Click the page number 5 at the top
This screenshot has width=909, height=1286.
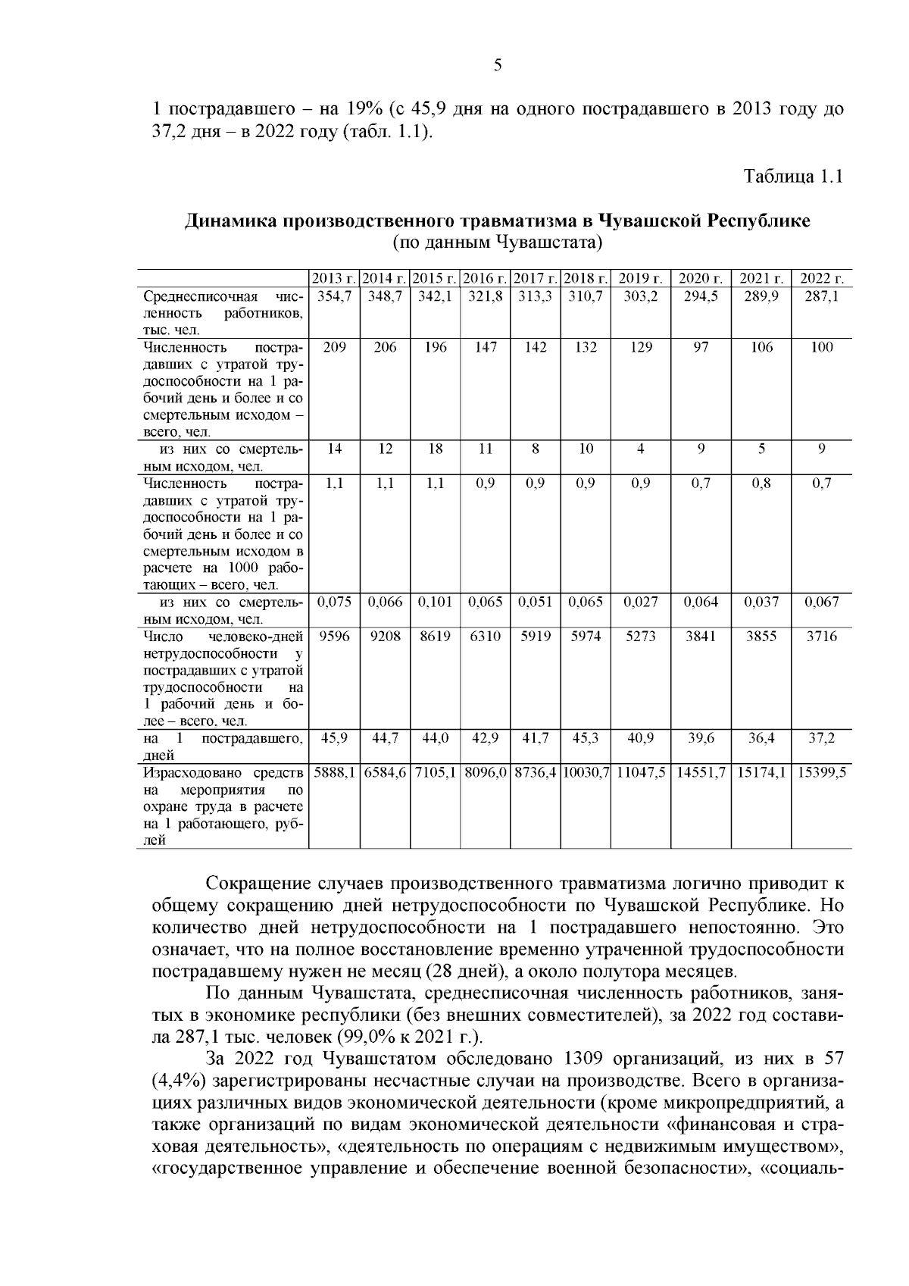pyautogui.click(x=498, y=65)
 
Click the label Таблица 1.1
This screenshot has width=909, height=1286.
pyautogui.click(x=793, y=177)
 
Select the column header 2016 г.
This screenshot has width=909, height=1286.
pyautogui.click(x=486, y=278)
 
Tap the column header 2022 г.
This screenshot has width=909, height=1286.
pyautogui.click(x=821, y=278)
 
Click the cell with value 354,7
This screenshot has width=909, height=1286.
pyautogui.click(x=334, y=296)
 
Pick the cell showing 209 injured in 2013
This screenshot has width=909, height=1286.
pyautogui.click(x=334, y=347)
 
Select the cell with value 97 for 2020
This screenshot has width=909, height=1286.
pyautogui.click(x=701, y=347)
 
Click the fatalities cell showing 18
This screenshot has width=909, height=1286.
pyautogui.click(x=435, y=449)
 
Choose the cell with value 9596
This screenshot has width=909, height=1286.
pyautogui.click(x=334, y=637)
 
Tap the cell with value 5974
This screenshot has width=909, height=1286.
pyautogui.click(x=586, y=637)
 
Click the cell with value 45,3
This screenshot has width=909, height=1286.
pyautogui.click(x=586, y=737)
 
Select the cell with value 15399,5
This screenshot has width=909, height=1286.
pyautogui.click(x=821, y=771)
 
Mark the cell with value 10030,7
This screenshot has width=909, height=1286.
pyautogui.click(x=586, y=771)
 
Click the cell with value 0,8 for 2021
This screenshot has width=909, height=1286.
pyautogui.click(x=761, y=483)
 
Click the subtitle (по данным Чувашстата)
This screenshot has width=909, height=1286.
pyautogui.click(x=497, y=242)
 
